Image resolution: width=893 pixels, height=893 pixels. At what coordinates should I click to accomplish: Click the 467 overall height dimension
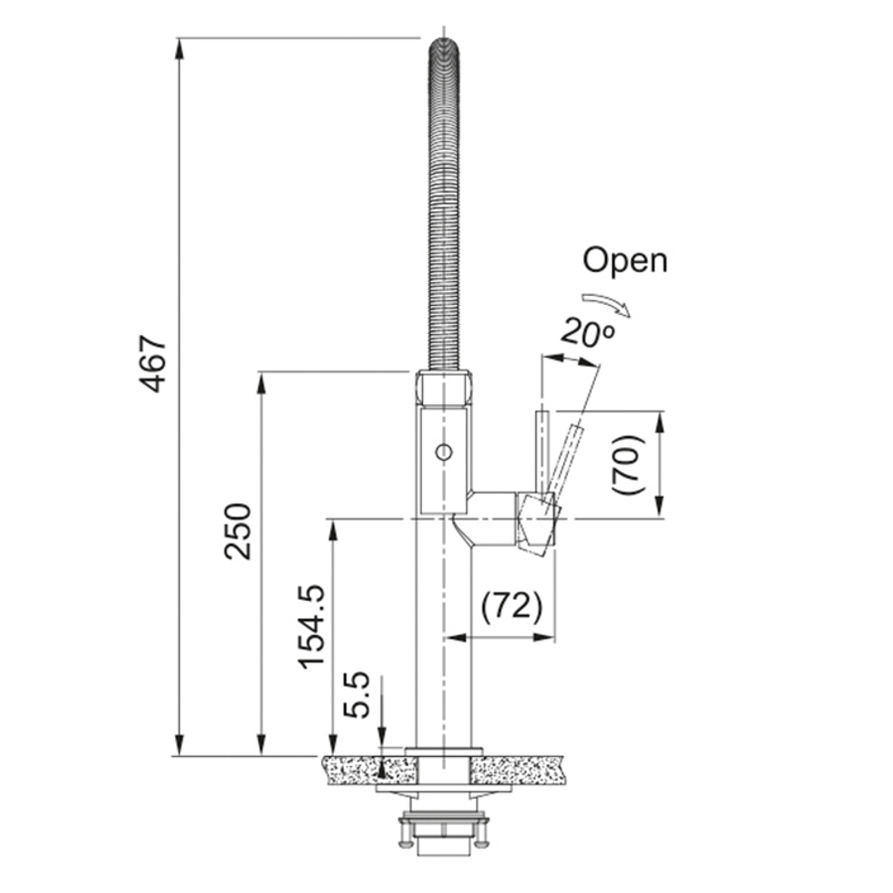(153, 364)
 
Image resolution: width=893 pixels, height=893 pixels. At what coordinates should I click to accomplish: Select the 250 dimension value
(237, 530)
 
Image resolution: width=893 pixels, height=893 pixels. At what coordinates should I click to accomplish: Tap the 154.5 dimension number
(312, 626)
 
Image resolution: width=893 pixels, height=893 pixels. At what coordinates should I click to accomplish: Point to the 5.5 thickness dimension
(357, 694)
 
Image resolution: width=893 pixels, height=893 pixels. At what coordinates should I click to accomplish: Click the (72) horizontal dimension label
(512, 606)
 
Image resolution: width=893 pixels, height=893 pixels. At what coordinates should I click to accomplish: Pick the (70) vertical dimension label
(628, 465)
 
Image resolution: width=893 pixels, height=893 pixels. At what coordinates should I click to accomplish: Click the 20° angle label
(587, 332)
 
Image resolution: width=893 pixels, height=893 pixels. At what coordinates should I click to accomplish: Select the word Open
(625, 261)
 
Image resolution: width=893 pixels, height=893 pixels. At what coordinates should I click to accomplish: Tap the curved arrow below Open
(607, 304)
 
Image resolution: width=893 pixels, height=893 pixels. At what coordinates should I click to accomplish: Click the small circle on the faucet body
(444, 452)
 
